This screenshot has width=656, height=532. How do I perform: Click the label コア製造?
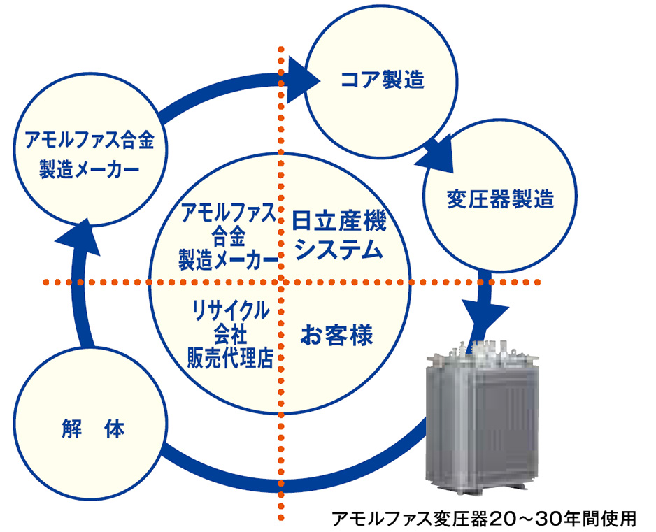tap(383, 80)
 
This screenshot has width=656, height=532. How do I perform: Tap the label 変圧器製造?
tap(500, 199)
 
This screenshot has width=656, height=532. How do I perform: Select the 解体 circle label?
tap(93, 429)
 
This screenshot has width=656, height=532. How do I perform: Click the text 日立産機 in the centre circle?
tap(338, 222)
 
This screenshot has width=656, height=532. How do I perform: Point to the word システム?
tap(339, 250)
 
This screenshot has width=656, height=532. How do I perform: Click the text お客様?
tap(336, 336)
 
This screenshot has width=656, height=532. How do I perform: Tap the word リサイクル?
tap(229, 310)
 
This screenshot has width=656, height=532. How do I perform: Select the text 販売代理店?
tap(229, 358)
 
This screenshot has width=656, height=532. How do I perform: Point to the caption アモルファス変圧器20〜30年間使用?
tap(484, 519)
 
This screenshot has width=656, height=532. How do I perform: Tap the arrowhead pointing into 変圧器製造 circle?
tap(436, 153)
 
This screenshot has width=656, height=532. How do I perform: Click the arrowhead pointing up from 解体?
tap(79, 237)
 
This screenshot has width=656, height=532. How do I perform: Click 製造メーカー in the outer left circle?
tap(89, 169)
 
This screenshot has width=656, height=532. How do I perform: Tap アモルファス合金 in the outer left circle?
tap(90, 140)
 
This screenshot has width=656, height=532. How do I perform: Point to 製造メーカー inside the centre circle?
tap(228, 260)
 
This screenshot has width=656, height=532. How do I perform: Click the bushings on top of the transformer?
tap(482, 350)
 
